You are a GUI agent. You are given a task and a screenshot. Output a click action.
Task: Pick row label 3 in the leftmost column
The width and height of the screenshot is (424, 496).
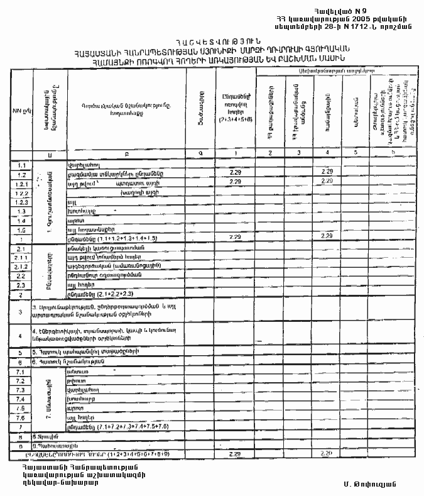(21, 311)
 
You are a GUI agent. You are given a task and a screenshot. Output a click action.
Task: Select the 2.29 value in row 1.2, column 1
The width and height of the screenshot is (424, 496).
(236, 173)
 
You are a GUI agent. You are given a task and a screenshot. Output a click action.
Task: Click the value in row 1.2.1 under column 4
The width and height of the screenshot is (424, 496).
(326, 182)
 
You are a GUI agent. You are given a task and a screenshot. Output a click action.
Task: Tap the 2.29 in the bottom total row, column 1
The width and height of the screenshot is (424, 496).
(236, 453)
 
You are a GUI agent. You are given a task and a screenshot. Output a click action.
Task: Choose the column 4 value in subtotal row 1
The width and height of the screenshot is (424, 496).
(326, 236)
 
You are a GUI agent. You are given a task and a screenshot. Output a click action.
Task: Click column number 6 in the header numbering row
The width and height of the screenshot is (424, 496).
(393, 153)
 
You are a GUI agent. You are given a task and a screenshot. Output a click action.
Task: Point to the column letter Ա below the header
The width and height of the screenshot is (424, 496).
(49, 154)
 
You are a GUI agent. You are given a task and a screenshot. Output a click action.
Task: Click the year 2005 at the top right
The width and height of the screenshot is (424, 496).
(369, 20)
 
